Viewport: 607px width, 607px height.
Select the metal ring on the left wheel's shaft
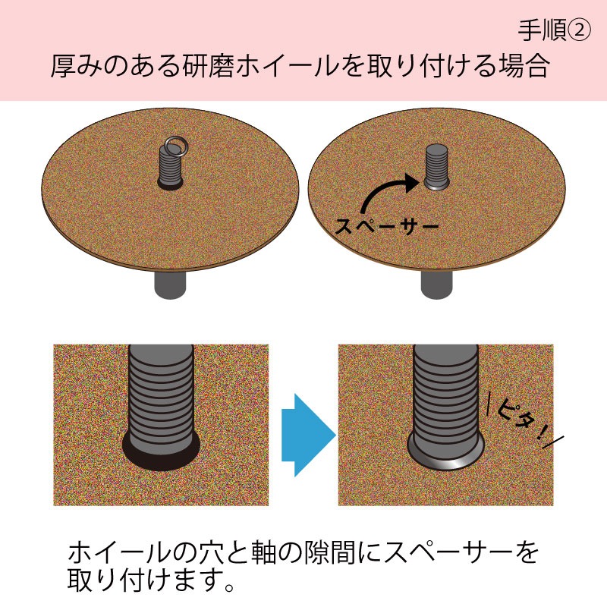[x=175, y=143]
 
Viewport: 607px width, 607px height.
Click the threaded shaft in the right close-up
[x=446, y=395]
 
